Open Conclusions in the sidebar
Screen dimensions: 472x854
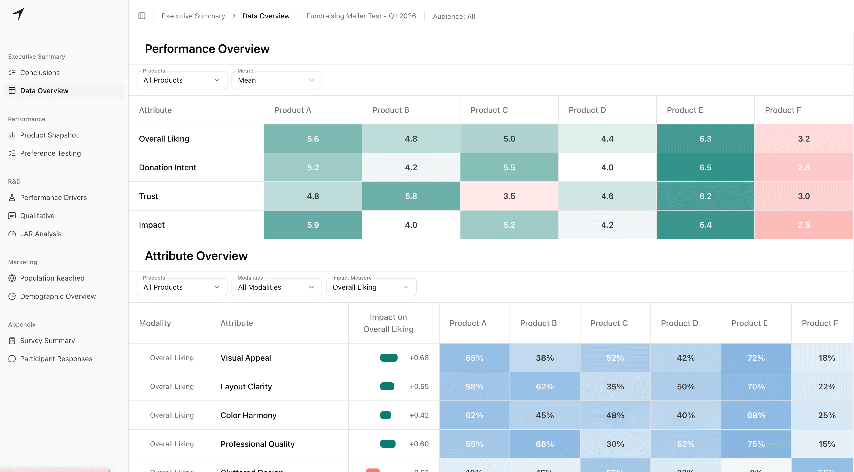(40, 73)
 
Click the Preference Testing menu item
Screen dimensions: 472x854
(50, 153)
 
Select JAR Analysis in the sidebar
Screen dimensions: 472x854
(41, 234)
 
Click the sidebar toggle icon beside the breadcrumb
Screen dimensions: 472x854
(142, 16)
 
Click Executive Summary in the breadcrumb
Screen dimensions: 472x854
(193, 16)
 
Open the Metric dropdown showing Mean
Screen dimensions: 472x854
(276, 80)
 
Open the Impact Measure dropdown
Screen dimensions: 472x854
(371, 287)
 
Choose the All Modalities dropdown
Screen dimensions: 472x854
(276, 287)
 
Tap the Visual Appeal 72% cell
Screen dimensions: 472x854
(756, 358)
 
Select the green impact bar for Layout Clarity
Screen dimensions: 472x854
(387, 387)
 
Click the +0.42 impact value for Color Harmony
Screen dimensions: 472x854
(419, 415)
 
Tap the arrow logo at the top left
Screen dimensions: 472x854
(19, 14)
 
